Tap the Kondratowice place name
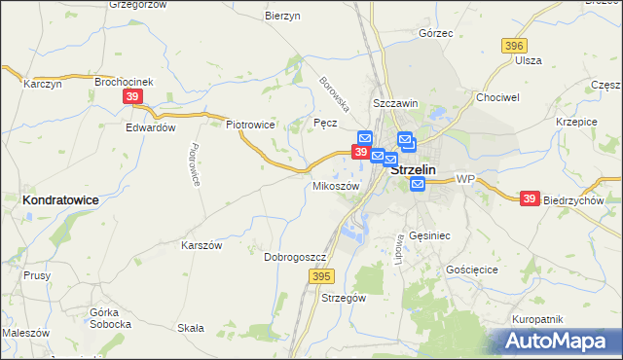[x=59, y=198]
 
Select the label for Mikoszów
[x=336, y=186]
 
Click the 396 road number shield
[x=514, y=46]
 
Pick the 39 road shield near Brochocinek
[x=133, y=96]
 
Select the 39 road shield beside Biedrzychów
[x=529, y=198]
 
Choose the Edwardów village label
[x=150, y=127]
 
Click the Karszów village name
[x=202, y=246]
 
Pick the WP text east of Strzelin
[x=464, y=180]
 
